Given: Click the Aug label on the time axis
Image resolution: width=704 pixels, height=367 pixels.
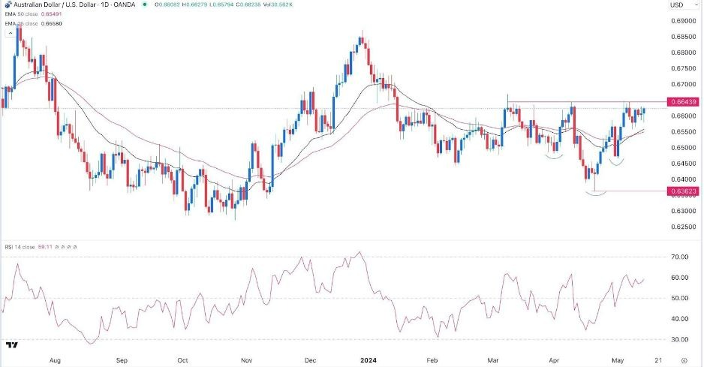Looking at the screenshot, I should pyautogui.click(x=55, y=359).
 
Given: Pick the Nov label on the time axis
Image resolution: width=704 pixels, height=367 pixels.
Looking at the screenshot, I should pyautogui.click(x=248, y=359).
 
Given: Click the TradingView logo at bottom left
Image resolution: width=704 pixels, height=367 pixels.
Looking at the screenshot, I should pyautogui.click(x=12, y=345).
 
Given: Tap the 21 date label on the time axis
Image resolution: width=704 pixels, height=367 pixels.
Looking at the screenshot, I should pyautogui.click(x=657, y=359).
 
